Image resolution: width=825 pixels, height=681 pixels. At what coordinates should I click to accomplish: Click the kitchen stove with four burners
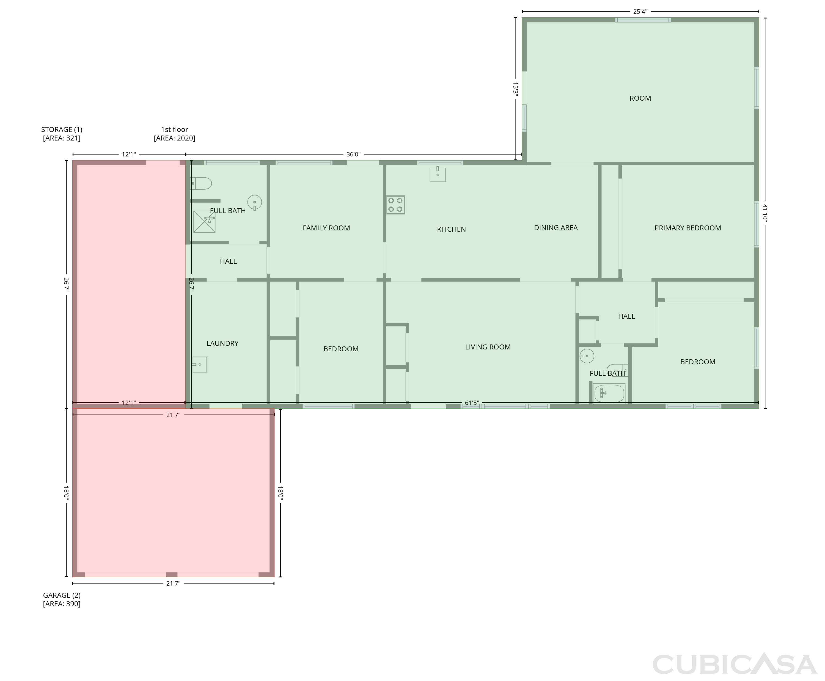click(x=395, y=205)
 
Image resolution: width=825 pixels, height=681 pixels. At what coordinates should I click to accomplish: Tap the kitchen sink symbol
click(x=438, y=174)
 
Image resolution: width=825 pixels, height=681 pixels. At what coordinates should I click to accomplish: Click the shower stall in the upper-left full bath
click(x=204, y=222)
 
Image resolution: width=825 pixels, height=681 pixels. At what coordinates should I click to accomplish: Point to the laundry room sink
click(x=199, y=365)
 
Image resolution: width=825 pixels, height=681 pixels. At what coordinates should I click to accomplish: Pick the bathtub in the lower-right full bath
click(x=609, y=393)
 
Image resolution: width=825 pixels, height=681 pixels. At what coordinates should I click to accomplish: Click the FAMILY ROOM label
click(x=326, y=228)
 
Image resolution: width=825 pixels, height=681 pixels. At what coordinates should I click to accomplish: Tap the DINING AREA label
click(x=556, y=228)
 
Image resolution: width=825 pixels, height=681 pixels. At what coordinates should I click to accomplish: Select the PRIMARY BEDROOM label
click(x=688, y=228)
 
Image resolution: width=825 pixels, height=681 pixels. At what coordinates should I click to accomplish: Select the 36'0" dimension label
click(x=353, y=154)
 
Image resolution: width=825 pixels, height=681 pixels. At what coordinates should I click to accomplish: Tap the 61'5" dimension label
click(x=472, y=402)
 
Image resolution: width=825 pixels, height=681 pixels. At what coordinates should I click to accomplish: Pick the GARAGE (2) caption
click(x=62, y=595)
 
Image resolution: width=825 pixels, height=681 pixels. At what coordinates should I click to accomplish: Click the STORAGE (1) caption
click(x=62, y=129)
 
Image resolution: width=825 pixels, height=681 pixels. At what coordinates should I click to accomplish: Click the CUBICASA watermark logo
click(x=734, y=665)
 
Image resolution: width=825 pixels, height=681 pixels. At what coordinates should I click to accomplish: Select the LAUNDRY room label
click(x=222, y=343)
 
